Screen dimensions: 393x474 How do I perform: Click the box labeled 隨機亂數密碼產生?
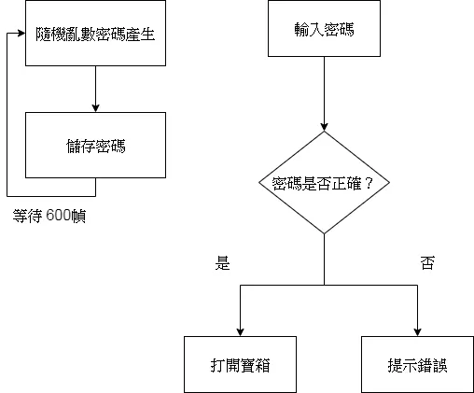click(95, 35)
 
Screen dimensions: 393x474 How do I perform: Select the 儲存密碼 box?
click(95, 145)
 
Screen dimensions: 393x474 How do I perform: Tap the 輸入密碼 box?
click(324, 29)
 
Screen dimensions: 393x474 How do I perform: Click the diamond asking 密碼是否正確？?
click(324, 182)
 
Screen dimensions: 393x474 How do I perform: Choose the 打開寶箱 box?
click(241, 363)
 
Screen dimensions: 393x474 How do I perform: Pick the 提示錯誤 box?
click(417, 363)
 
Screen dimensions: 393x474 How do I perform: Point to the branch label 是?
click(222, 263)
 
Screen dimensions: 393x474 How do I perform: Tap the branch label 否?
click(427, 263)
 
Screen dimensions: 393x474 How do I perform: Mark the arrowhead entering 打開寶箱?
click(241, 330)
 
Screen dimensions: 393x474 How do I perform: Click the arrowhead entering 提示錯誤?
click(417, 330)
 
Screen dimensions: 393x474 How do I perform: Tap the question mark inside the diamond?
click(369, 183)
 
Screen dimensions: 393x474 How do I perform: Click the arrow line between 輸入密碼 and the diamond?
click(324, 93)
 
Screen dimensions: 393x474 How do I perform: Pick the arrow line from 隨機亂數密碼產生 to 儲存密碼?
click(95, 86)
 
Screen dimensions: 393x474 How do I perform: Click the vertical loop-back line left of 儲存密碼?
click(7, 112)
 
